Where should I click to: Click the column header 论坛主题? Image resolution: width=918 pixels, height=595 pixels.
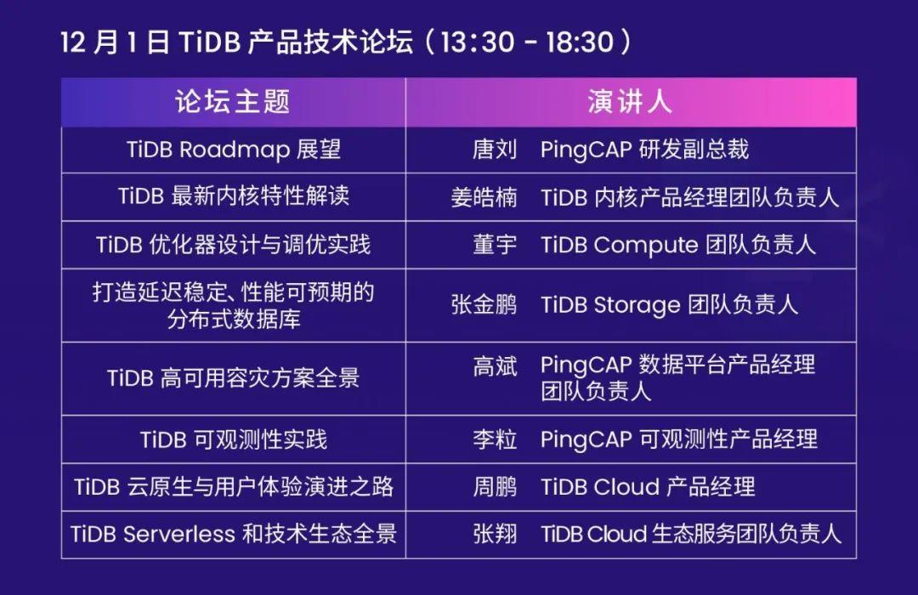[233, 102]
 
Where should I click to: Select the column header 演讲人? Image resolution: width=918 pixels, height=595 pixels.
[630, 102]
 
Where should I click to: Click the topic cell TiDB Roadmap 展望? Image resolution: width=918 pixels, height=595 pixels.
[233, 150]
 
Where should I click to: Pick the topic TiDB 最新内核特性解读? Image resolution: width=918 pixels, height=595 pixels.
[233, 196]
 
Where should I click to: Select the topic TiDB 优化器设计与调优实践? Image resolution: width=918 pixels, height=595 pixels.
[233, 245]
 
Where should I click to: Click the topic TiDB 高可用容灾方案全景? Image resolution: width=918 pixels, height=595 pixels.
[233, 377]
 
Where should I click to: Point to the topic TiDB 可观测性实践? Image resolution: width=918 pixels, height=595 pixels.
[233, 439]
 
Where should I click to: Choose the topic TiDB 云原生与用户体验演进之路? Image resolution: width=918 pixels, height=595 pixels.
[233, 487]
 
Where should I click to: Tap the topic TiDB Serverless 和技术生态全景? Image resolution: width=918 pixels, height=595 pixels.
[233, 534]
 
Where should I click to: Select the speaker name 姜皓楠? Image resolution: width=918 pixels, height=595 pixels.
[484, 197]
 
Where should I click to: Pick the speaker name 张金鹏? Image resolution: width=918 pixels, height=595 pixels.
[484, 305]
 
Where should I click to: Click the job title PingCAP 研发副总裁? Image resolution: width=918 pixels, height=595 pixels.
[644, 150]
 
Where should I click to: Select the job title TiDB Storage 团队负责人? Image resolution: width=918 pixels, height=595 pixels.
[669, 305]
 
